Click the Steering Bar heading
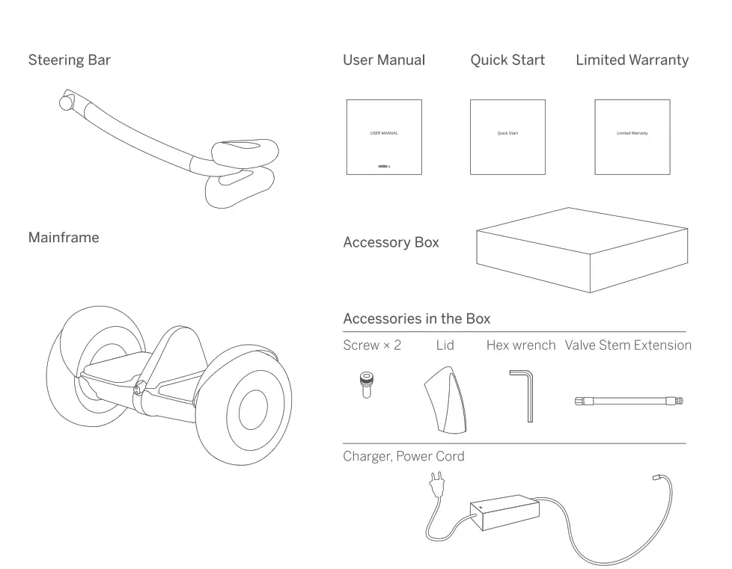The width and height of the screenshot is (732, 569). click(x=69, y=60)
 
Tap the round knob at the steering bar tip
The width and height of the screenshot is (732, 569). click(x=68, y=100)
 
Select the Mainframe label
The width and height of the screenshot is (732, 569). click(x=64, y=238)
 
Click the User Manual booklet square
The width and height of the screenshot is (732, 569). click(x=384, y=137)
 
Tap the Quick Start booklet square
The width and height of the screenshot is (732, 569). click(x=507, y=137)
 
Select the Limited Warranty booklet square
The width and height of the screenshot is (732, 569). click(x=632, y=137)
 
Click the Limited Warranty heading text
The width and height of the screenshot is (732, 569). click(x=632, y=60)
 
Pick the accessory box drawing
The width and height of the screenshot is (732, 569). click(x=582, y=250)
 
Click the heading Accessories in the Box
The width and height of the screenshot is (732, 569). click(x=416, y=319)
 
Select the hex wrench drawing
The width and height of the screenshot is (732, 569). click(x=524, y=393)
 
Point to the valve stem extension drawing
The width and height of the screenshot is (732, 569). click(x=629, y=402)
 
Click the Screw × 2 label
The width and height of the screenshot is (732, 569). click(x=372, y=345)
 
